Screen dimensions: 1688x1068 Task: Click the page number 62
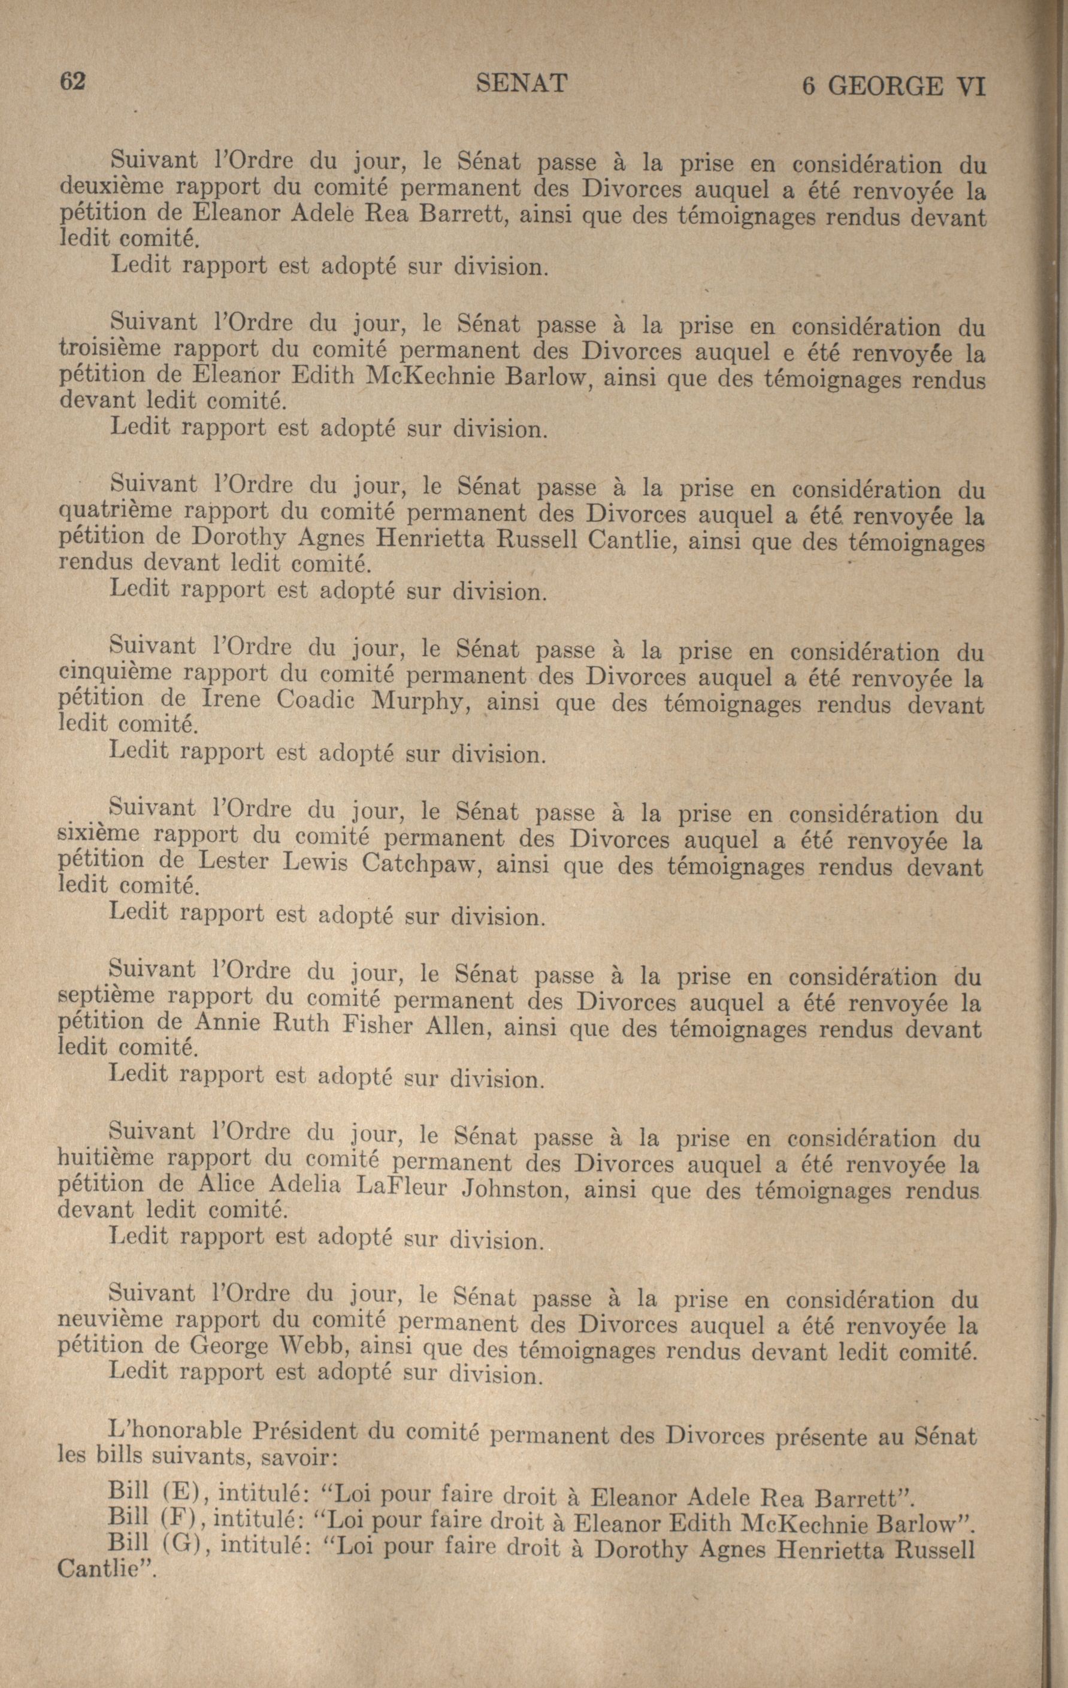(72, 81)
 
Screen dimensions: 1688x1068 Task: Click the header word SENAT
(521, 83)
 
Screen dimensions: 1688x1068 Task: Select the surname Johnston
(516, 1189)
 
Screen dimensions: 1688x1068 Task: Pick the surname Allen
(453, 1028)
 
